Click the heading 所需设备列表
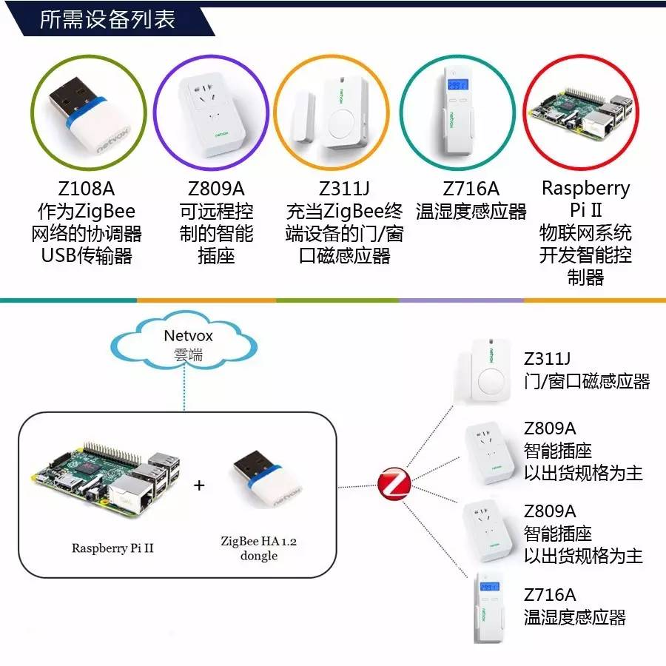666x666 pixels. [x=107, y=19]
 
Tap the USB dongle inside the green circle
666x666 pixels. [x=90, y=115]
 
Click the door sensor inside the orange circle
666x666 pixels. [x=331, y=112]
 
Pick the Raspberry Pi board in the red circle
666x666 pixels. [x=581, y=113]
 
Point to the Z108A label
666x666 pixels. [x=87, y=189]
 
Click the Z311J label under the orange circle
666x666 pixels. [x=344, y=189]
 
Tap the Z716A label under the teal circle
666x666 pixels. [x=471, y=189]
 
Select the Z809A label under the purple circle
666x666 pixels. [x=216, y=189]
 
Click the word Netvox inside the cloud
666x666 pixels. [x=188, y=335]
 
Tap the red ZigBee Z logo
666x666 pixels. [x=394, y=483]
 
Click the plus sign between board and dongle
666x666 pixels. [x=199, y=485]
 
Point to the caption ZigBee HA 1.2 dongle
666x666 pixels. [x=259, y=548]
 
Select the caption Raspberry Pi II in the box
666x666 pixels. [x=112, y=548]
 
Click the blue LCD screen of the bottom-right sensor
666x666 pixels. [x=489, y=587]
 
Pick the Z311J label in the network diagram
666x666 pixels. [x=547, y=359]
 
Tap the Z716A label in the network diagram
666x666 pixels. [x=550, y=595]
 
